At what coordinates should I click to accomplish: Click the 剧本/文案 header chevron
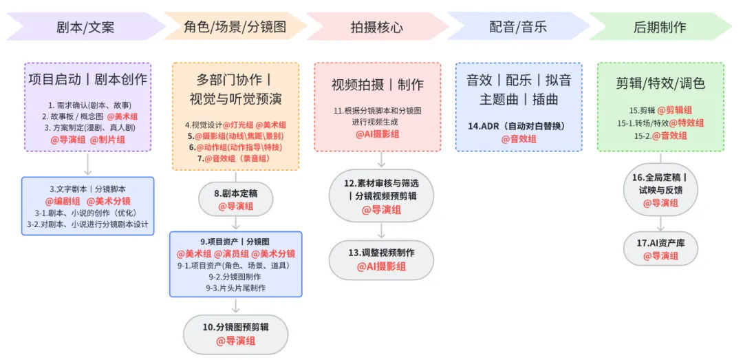tap(85, 27)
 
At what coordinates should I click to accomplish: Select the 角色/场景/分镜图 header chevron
tap(235, 27)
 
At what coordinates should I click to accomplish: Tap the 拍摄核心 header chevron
tap(376, 27)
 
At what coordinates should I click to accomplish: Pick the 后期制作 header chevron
tap(659, 27)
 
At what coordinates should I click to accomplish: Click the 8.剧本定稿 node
tap(235, 200)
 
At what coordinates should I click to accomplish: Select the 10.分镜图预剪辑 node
tap(235, 334)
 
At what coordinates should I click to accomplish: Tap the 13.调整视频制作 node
tap(381, 260)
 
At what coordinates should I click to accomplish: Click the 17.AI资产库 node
tap(660, 249)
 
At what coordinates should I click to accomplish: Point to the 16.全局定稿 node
tap(660, 190)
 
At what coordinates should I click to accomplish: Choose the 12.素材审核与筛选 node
tap(381, 196)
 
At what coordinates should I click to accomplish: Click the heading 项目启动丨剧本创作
tap(88, 79)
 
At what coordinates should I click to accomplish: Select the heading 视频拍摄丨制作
tap(377, 85)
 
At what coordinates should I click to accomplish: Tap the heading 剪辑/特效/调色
tap(660, 84)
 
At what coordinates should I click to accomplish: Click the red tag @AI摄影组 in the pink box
tap(377, 134)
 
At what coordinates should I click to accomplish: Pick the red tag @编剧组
tap(63, 201)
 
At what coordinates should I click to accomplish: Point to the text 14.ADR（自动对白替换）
tap(518, 126)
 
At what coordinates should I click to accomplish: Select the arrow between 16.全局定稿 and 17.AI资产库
tap(660, 224)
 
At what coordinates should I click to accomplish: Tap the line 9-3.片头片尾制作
tap(235, 288)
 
